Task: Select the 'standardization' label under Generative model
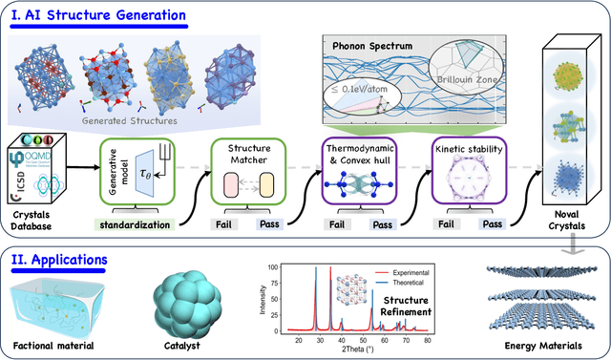click(x=133, y=225)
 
